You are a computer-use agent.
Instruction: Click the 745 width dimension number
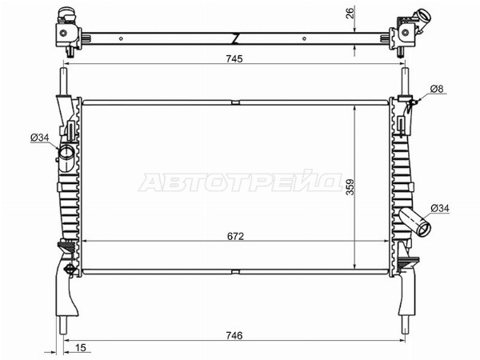pyautogui.click(x=234, y=58)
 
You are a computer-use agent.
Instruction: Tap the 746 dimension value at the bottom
pyautogui.click(x=234, y=335)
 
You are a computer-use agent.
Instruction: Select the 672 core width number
pyautogui.click(x=235, y=236)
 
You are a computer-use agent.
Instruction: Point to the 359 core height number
pyautogui.click(x=350, y=186)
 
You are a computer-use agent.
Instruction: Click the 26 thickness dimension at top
pyautogui.click(x=350, y=13)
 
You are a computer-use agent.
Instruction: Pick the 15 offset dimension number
pyautogui.click(x=80, y=348)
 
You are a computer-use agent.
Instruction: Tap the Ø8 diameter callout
pyautogui.click(x=437, y=89)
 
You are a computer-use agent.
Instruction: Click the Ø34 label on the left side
pyautogui.click(x=40, y=138)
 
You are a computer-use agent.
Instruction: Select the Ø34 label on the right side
pyautogui.click(x=440, y=209)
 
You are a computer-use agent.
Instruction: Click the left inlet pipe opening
pyautogui.click(x=66, y=152)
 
